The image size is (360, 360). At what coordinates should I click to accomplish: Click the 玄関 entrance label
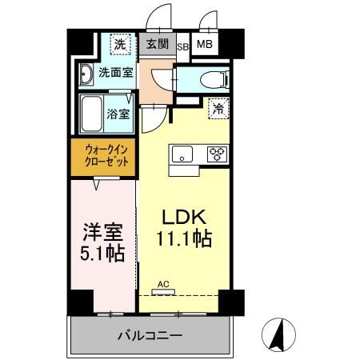[157, 44]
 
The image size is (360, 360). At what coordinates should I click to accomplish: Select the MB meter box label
[204, 45]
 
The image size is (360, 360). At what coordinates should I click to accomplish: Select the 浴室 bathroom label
[119, 114]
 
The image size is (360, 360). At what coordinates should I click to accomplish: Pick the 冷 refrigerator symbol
[218, 110]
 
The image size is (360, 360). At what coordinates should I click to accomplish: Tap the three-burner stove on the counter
[217, 155]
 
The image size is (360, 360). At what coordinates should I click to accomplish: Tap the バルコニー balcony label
[150, 336]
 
